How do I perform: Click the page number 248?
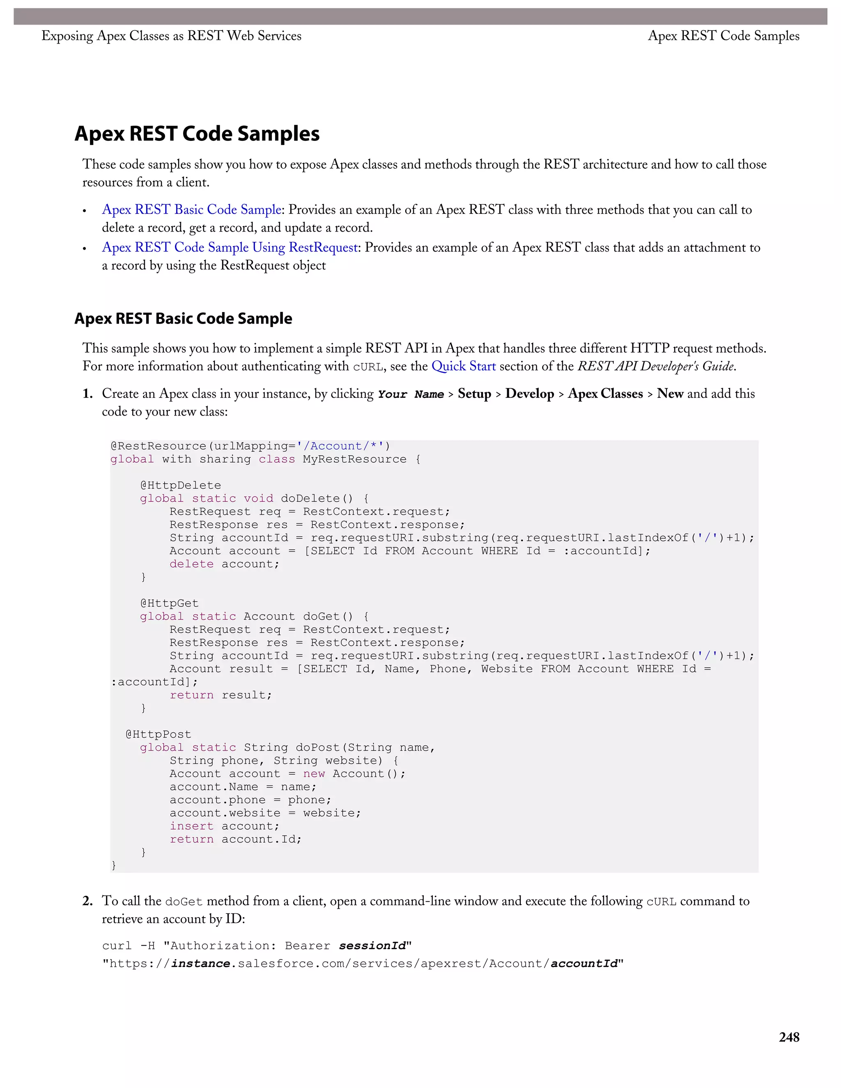click(x=789, y=1037)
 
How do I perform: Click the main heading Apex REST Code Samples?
click(x=197, y=133)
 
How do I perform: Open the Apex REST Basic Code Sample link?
click(x=192, y=210)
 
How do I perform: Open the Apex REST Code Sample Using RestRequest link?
click(x=230, y=248)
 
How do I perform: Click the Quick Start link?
click(x=463, y=366)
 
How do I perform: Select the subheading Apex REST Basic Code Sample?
click(x=183, y=318)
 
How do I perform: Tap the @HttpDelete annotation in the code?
click(x=180, y=485)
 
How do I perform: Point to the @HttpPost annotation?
click(x=159, y=735)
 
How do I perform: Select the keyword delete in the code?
click(x=191, y=564)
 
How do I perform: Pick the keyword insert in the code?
click(x=191, y=826)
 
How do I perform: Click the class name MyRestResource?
click(x=354, y=459)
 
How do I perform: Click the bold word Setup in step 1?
click(x=474, y=394)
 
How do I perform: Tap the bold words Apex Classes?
click(x=605, y=394)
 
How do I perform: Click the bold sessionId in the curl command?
click(x=372, y=946)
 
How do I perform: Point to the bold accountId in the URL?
click(x=584, y=964)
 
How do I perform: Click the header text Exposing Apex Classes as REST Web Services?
click(x=171, y=36)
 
